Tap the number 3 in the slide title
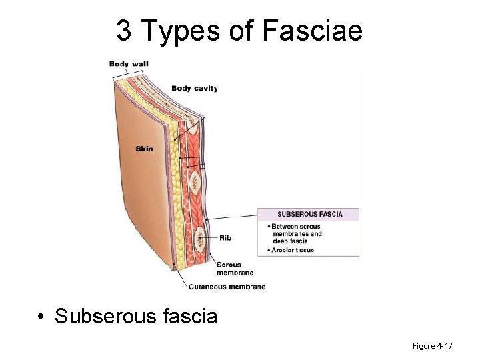point(124,30)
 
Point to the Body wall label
point(129,64)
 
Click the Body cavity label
point(195,88)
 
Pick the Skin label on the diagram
point(144,148)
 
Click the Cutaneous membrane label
point(227,287)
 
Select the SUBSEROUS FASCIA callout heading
point(309,215)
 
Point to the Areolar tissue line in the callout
point(293,250)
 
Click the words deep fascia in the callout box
point(290,241)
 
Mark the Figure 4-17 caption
point(433,345)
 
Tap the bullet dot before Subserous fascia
point(41,316)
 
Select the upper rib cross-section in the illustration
point(195,180)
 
